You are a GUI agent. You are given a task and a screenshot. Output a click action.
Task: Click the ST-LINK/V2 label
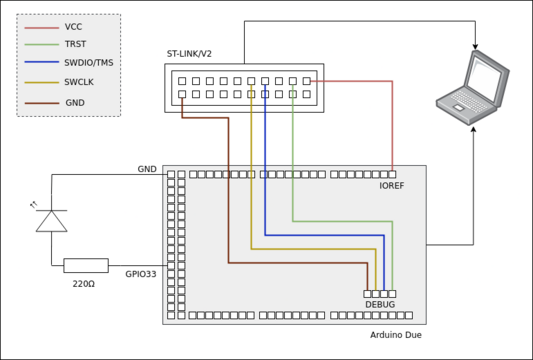tap(189, 54)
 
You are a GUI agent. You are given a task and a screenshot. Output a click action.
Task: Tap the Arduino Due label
tap(396, 335)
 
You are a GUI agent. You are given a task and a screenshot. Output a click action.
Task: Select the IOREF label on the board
tap(392, 186)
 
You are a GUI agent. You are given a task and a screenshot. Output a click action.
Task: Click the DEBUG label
tap(380, 304)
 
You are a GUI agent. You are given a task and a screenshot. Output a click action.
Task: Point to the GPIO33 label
tap(141, 274)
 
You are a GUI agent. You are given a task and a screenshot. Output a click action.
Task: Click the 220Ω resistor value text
tap(84, 284)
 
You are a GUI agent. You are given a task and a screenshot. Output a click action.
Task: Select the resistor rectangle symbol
tap(86, 265)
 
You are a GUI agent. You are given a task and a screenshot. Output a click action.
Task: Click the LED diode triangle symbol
tap(52, 221)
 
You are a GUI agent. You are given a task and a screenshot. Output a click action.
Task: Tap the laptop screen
tap(484, 76)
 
